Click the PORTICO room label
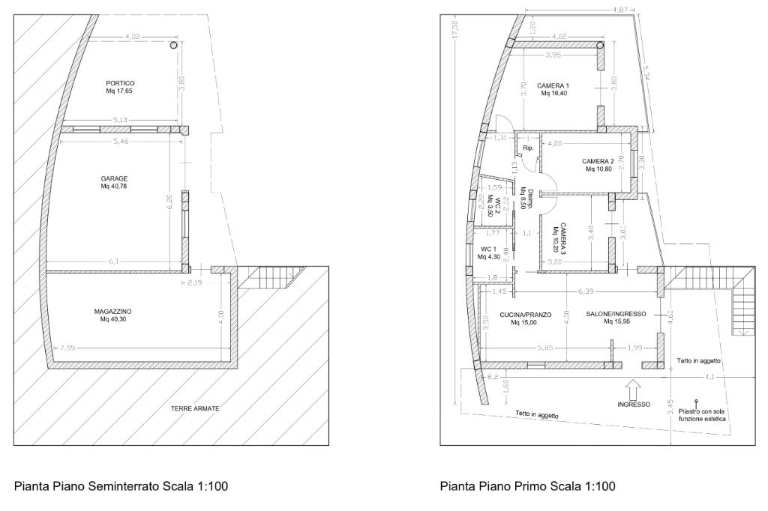point(120,83)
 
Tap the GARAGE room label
point(114,178)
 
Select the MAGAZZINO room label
point(112,311)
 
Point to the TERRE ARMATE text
point(195,408)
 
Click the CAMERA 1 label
point(553,85)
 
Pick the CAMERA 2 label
point(598,162)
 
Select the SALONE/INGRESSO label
point(616,314)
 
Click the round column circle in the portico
point(173,46)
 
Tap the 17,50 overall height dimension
point(455,30)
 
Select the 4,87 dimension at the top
point(620,9)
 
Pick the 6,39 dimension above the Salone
point(586,291)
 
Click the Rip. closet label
point(527,148)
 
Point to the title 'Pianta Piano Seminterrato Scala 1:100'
point(121,486)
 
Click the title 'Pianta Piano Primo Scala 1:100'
point(527,486)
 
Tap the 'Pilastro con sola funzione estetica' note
point(702,415)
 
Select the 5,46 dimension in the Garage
point(120,142)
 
